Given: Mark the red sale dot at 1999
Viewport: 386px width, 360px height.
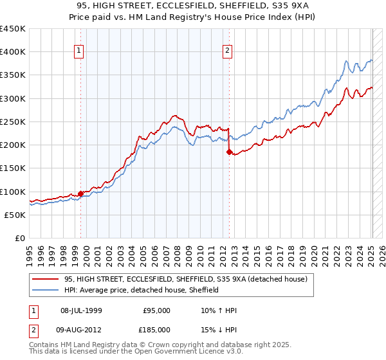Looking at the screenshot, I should pyautogui.click(x=80, y=193).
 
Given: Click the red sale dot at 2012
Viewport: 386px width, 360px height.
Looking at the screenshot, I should pyautogui.click(x=229, y=152).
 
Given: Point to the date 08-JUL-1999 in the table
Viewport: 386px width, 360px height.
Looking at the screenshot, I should pyautogui.click(x=86, y=310).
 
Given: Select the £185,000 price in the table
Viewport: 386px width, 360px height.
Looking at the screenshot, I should pyautogui.click(x=157, y=329).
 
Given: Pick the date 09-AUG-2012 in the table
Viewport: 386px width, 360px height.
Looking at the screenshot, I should pyautogui.click(x=86, y=329).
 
